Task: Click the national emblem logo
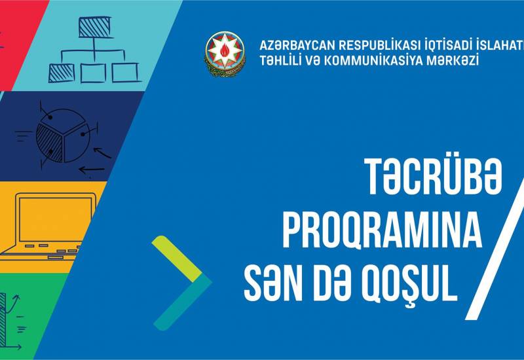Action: tap(225, 53)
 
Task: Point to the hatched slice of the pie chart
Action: tap(50, 139)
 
